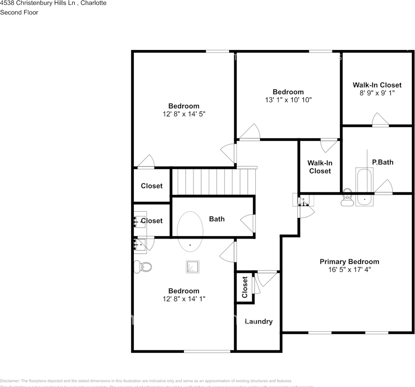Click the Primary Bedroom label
349,262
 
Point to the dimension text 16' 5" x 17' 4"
349,269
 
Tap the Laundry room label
259,321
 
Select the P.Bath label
382,162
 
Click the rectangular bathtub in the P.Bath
364,187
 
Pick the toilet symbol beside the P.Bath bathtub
347,198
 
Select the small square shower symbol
192,267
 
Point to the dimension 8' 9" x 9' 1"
377,93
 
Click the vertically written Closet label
245,287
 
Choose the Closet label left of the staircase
152,186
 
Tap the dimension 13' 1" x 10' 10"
288,100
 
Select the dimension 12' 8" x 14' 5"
184,114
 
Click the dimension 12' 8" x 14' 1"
184,299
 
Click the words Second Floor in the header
19,12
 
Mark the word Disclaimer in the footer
10,381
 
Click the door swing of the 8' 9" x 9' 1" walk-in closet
380,120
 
